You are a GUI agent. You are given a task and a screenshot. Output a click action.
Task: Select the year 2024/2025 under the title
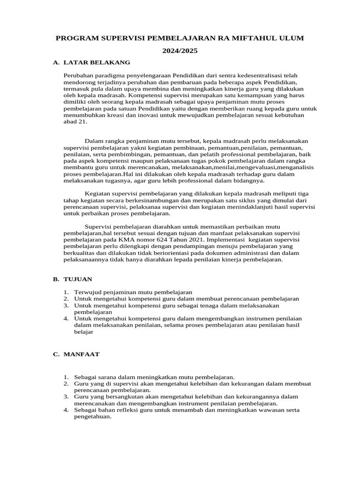pyautogui.click(x=180, y=51)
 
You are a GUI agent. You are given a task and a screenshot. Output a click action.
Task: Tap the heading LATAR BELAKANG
pyautogui.click(x=97, y=62)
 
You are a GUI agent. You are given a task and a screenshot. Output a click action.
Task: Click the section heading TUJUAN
pyautogui.click(x=78, y=279)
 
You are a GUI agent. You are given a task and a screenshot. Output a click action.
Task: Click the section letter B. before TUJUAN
pyautogui.click(x=56, y=279)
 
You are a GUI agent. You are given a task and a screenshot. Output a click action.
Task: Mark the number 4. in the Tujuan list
pyautogui.click(x=66, y=318)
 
